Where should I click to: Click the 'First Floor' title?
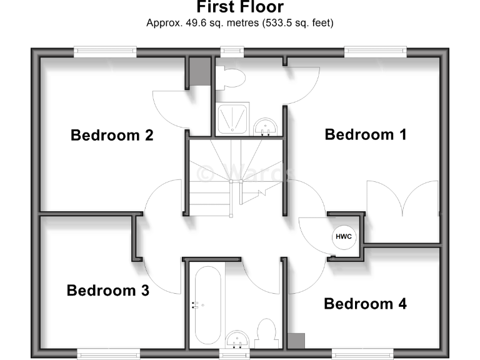point(240,7)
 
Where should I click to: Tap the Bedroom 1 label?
point(366,134)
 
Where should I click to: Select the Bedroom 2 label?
point(112,135)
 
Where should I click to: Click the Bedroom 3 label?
point(107,291)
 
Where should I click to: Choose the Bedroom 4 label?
point(365,304)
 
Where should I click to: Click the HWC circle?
point(343,237)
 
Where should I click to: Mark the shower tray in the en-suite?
point(233,119)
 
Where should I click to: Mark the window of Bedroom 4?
point(367,354)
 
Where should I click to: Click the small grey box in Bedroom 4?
point(296,341)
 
